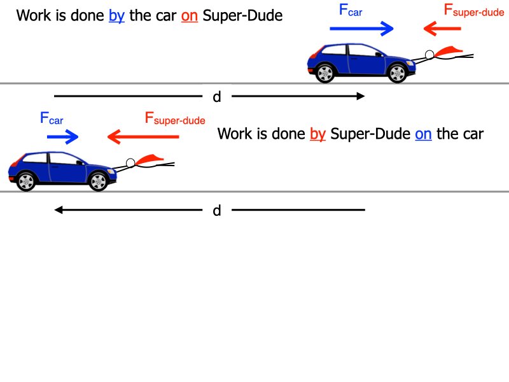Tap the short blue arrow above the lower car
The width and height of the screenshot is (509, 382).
(62, 137)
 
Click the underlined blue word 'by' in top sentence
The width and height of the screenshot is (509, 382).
(116, 15)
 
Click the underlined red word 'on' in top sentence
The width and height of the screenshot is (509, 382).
(190, 15)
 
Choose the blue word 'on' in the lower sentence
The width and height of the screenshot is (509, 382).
(423, 134)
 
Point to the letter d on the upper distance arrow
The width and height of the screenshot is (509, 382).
(217, 97)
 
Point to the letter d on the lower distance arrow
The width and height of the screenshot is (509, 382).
(217, 211)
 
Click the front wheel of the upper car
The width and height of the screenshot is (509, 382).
(398, 73)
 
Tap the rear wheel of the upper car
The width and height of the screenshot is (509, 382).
(325, 73)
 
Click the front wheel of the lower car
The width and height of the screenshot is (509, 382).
(98, 181)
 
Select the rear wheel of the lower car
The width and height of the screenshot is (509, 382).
(26, 181)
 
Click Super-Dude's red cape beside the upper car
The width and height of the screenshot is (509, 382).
(450, 50)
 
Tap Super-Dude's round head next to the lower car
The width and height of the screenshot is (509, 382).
(131, 163)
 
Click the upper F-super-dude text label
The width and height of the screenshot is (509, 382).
(465, 11)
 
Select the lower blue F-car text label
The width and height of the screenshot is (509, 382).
(52, 118)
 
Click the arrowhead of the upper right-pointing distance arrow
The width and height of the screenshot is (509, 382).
(361, 96)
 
